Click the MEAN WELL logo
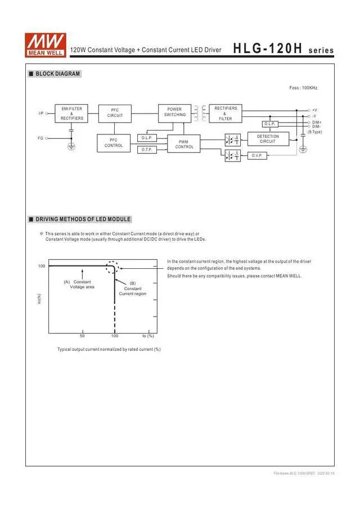click(45, 43)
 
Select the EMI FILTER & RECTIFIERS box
click(72, 113)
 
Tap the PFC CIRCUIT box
click(115, 113)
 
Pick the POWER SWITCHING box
click(174, 112)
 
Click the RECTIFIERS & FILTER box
click(226, 113)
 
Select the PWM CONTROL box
click(184, 145)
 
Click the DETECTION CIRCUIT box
click(268, 139)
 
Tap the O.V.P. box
click(257, 155)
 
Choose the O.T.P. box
click(147, 150)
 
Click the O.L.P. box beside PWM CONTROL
click(147, 138)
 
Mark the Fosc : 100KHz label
click(303, 88)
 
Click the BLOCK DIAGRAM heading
click(57, 74)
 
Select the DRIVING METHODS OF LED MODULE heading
click(83, 219)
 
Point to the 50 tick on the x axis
click(82, 336)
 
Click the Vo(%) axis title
click(39, 300)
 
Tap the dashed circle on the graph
click(114, 268)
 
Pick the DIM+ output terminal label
click(317, 122)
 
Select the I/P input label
click(41, 114)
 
